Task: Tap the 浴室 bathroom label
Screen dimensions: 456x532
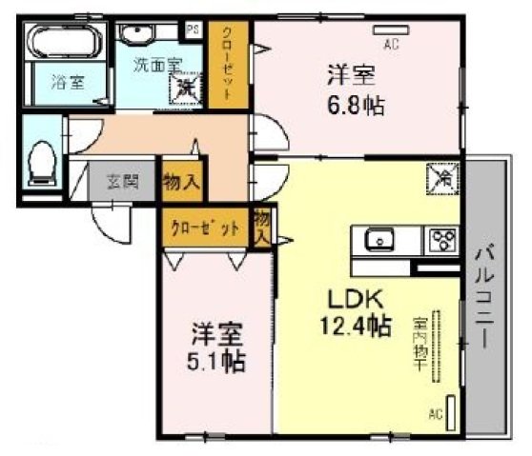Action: (66, 83)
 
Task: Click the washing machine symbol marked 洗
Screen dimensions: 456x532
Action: (184, 87)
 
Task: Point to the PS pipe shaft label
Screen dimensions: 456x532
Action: (193, 30)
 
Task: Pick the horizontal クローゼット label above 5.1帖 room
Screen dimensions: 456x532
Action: (203, 228)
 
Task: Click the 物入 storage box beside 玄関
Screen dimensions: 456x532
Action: (181, 181)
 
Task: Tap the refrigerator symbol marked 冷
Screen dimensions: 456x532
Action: (444, 177)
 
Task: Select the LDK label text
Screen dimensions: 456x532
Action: (343, 297)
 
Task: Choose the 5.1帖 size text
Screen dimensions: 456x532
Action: (218, 361)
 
